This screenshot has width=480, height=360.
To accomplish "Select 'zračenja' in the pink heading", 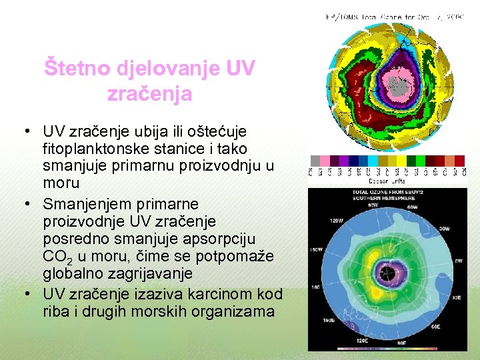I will pos(149,93).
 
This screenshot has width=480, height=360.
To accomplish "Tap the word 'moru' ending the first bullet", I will pos(61,182).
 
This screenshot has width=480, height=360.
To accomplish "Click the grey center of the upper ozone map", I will pos(398,85).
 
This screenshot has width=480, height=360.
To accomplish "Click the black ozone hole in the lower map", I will pos(385,272).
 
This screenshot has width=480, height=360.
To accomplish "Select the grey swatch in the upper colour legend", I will pos(314,161).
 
